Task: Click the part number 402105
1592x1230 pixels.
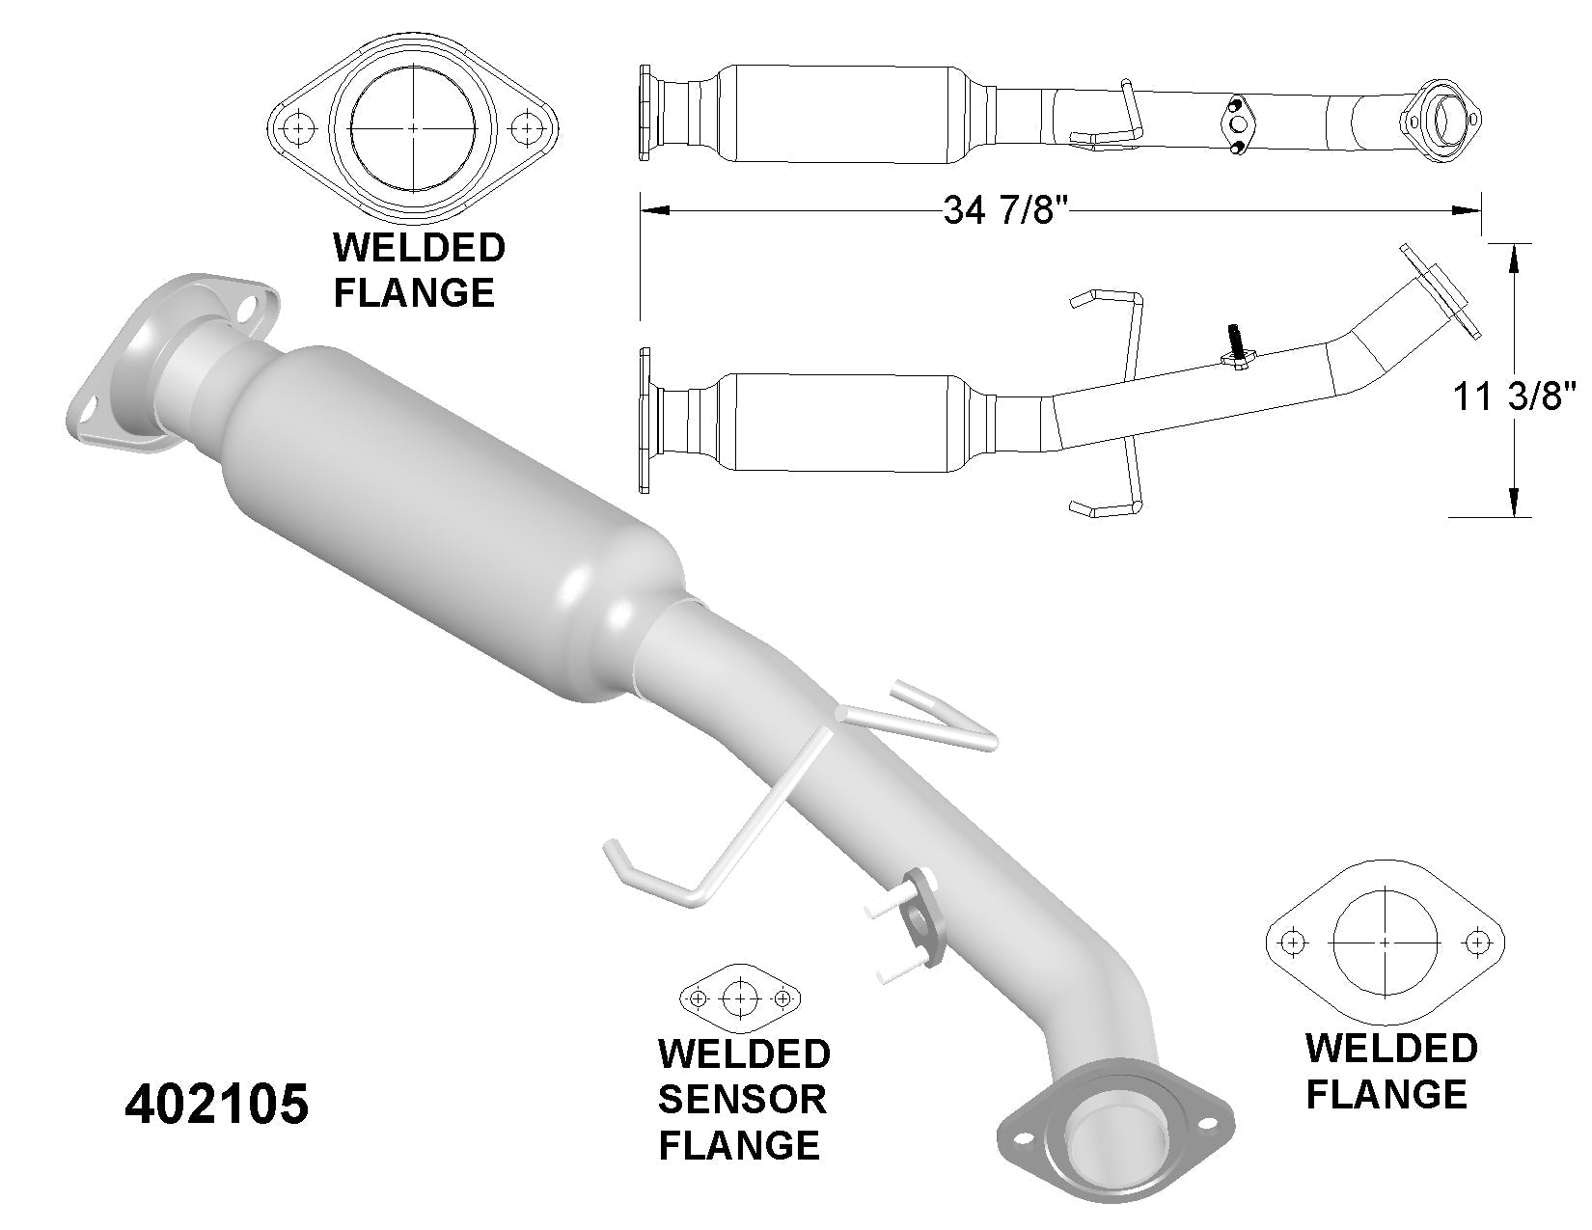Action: tap(217, 1106)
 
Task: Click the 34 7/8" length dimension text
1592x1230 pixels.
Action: tap(1008, 211)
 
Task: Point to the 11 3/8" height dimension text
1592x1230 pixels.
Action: tap(1514, 396)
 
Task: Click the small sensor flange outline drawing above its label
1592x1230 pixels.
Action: tap(741, 998)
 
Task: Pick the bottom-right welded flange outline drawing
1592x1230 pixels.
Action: tap(1384, 941)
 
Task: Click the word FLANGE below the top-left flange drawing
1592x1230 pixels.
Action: tap(414, 290)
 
